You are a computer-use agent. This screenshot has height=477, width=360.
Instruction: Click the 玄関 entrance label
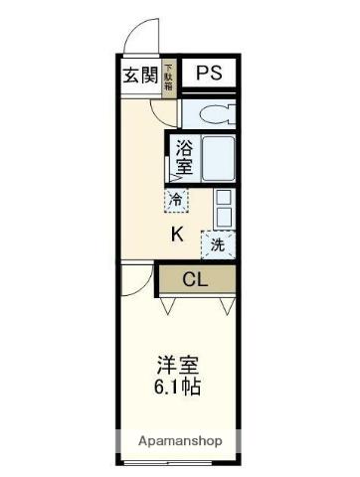click(x=140, y=75)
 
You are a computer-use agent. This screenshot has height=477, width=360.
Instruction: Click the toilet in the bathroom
click(x=214, y=111)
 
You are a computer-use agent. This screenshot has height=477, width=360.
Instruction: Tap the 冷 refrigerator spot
click(x=176, y=200)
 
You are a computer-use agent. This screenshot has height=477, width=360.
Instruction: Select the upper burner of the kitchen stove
click(x=224, y=196)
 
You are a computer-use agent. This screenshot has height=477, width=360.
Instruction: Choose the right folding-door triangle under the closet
click(x=226, y=305)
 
